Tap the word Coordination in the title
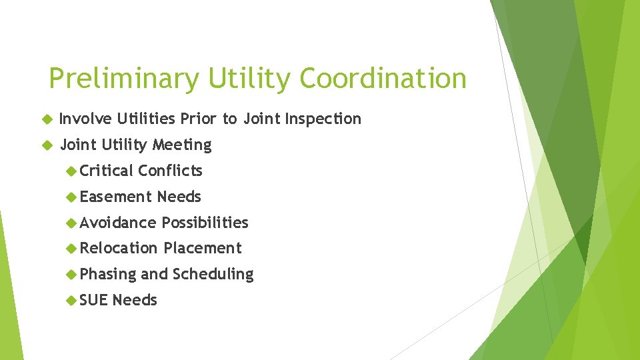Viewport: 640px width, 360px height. (x=383, y=79)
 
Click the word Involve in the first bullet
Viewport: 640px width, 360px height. (x=85, y=119)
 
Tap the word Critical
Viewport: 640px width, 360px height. (x=107, y=171)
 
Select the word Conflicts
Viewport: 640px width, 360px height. (x=170, y=171)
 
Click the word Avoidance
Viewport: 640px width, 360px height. (x=118, y=223)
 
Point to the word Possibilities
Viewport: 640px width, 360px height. (x=205, y=223)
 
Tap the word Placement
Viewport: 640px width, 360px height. (x=203, y=248)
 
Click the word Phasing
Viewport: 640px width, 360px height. (x=107, y=274)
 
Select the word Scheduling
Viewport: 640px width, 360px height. (x=213, y=274)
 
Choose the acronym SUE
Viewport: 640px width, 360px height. (x=93, y=300)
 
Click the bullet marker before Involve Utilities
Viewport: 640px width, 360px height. (x=46, y=119)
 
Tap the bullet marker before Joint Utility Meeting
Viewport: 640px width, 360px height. (x=46, y=145)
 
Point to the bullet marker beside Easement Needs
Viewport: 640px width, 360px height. (x=71, y=197)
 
